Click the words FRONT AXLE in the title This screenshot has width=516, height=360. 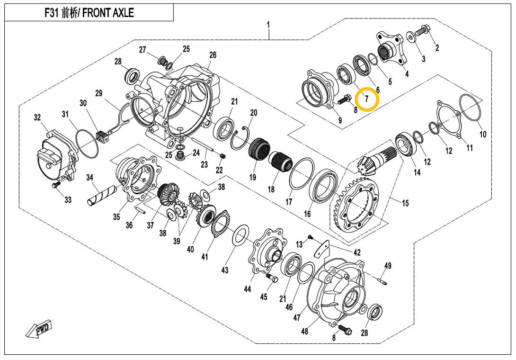click(108, 13)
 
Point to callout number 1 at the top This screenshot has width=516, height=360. click(268, 24)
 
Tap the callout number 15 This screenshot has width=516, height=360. click(406, 204)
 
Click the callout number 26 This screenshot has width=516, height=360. click(213, 55)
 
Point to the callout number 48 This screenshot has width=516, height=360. click(304, 331)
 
